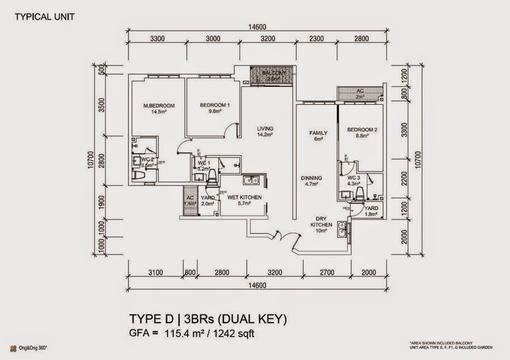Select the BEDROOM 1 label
(215, 106)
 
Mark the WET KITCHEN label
(239, 197)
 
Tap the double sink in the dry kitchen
(342, 229)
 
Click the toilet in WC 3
(359, 195)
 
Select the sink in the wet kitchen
(249, 181)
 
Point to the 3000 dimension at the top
(212, 39)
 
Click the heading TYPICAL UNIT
(43, 16)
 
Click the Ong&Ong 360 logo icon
(12, 346)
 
